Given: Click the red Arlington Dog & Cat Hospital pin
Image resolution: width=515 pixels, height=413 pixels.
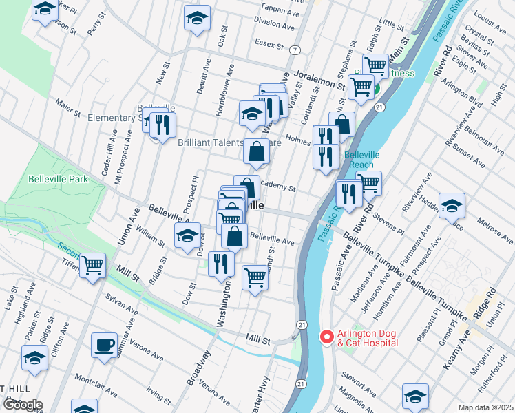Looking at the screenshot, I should point(327,337).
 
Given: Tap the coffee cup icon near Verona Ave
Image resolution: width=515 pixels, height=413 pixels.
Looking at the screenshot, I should point(105,344).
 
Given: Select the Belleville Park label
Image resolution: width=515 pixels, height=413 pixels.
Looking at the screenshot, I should point(59,179).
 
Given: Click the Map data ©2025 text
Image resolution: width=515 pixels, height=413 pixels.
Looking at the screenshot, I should point(485,407).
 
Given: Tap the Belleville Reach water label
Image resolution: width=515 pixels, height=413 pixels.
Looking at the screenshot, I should point(359,160).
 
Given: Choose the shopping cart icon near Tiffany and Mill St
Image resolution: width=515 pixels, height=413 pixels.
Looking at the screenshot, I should point(92,265).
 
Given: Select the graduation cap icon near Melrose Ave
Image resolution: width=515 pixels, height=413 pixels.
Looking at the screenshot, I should point(452,205).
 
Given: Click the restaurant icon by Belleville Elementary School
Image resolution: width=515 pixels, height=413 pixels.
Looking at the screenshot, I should point(162,125).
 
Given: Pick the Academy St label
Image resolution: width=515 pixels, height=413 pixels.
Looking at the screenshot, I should point(278,188).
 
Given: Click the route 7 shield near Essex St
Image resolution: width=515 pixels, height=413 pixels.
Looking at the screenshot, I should point(295,50).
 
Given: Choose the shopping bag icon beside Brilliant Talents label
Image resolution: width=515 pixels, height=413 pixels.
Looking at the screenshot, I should point(256,151).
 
